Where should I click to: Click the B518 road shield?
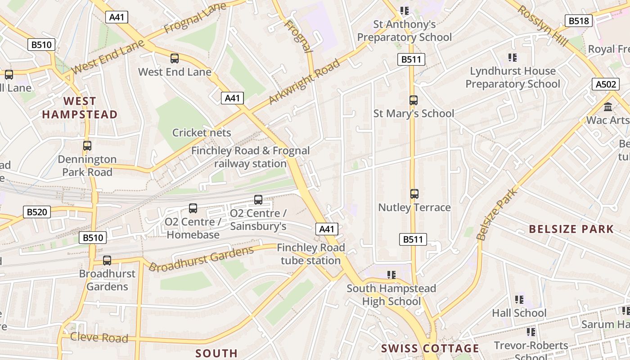[579, 21]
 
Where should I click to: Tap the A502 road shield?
[605, 84]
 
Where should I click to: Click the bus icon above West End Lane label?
[175, 58]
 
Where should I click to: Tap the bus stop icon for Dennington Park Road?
[87, 146]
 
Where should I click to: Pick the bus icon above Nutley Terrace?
[414, 194]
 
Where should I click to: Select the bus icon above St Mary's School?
[414, 100]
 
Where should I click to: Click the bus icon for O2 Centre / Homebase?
[193, 208]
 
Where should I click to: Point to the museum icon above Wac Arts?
[608, 107]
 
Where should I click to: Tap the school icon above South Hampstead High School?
[391, 274]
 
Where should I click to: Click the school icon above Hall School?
[519, 300]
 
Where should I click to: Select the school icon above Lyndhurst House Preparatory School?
[513, 58]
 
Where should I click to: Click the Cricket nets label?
[202, 133]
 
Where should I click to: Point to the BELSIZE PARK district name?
[571, 229]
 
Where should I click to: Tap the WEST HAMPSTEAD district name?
[80, 108]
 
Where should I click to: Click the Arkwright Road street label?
[304, 82]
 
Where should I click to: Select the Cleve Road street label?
[99, 337]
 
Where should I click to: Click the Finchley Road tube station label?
[310, 254]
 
